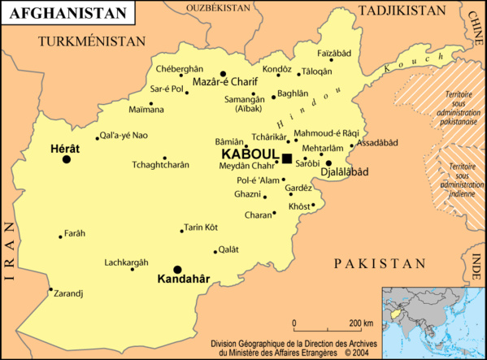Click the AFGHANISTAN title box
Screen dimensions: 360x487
[x=67, y=12]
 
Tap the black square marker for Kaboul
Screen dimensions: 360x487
[x=286, y=158]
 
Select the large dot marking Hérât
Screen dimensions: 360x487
[x=67, y=159]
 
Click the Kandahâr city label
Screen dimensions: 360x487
[x=183, y=280]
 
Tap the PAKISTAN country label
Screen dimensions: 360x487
[x=379, y=264]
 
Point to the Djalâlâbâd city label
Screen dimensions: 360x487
[x=345, y=172]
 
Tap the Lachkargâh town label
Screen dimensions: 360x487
[x=127, y=262]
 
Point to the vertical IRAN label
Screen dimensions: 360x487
[x=10, y=252]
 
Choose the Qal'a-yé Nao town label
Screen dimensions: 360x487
[x=123, y=135]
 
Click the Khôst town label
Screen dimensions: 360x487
[x=299, y=206]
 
